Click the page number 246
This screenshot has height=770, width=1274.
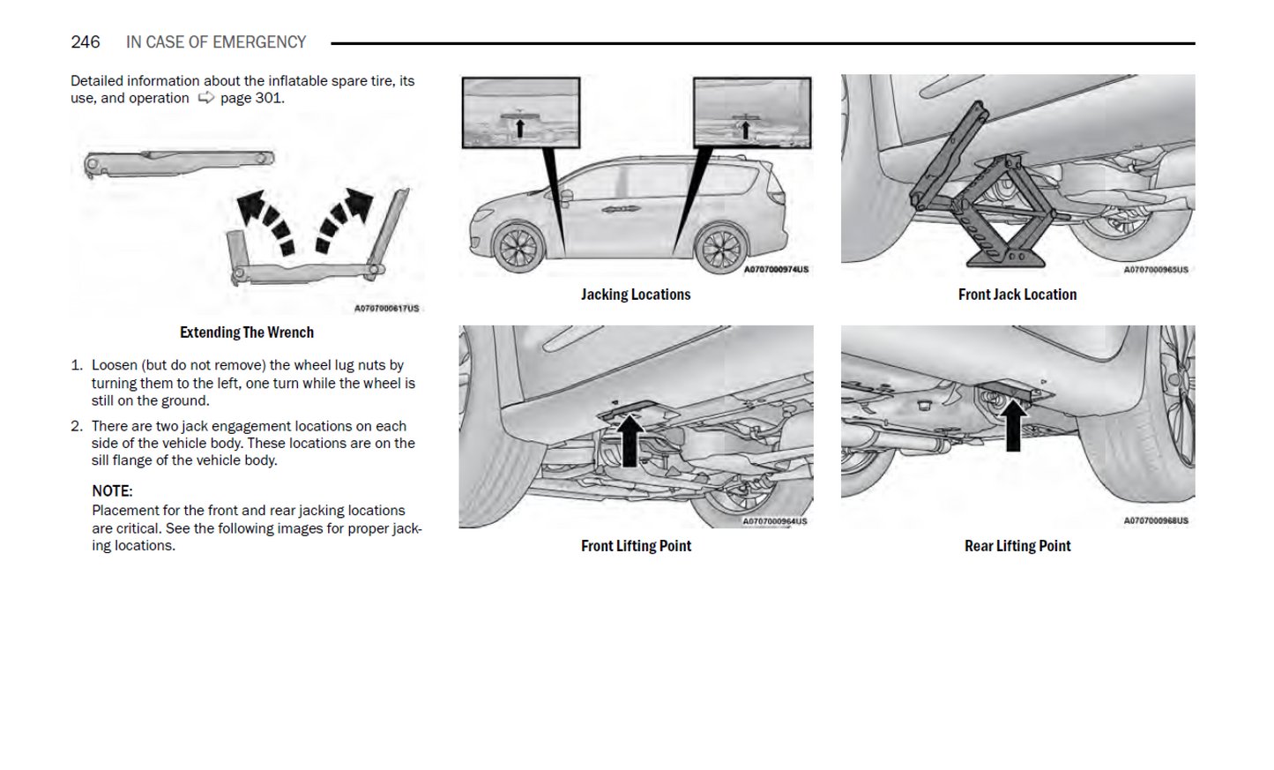(86, 42)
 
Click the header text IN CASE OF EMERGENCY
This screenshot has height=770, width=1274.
(216, 42)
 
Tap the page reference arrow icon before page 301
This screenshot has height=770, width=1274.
(205, 98)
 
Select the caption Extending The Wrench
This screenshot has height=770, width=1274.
(246, 333)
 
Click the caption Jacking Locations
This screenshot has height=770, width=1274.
(635, 295)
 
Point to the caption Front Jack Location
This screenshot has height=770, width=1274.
(1017, 295)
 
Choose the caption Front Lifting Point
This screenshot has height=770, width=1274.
(635, 546)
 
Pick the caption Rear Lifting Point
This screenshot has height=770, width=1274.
(1017, 546)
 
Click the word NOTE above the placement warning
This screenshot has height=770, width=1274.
(111, 491)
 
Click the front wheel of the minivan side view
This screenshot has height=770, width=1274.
(518, 246)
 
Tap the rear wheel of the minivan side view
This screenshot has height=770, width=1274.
(721, 249)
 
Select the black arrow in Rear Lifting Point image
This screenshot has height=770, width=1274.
(1013, 425)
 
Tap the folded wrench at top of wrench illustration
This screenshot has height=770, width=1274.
(179, 162)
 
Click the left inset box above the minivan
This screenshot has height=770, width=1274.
(521, 113)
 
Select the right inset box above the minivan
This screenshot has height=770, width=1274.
(751, 113)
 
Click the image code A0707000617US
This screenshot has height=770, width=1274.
(386, 309)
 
